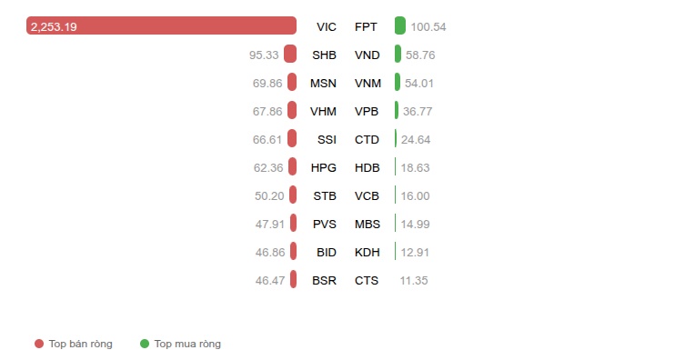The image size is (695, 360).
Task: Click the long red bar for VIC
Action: (161, 25)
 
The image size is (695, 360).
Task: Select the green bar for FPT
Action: (399, 25)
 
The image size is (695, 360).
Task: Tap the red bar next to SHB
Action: (290, 54)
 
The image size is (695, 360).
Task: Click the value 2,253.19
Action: (54, 27)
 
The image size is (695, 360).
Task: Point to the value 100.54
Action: (428, 27)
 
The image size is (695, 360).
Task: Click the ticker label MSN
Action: (323, 84)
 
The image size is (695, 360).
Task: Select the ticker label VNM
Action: (368, 84)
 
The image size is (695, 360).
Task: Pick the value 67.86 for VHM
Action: (267, 112)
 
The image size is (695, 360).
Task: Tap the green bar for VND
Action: (398, 54)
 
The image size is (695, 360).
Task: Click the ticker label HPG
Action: (324, 168)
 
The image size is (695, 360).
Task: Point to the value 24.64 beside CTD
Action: (416, 140)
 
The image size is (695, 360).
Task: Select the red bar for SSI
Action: (292, 138)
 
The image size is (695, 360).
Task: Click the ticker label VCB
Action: (367, 196)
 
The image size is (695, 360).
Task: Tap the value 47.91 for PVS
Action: (269, 225)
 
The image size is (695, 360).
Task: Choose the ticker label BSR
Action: (325, 281)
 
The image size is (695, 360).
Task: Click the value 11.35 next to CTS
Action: (414, 281)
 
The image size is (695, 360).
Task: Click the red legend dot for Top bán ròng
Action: (39, 344)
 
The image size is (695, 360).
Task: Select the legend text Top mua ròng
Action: (187, 344)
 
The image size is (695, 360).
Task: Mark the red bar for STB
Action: (293, 195)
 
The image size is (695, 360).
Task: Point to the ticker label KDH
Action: (368, 253)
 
